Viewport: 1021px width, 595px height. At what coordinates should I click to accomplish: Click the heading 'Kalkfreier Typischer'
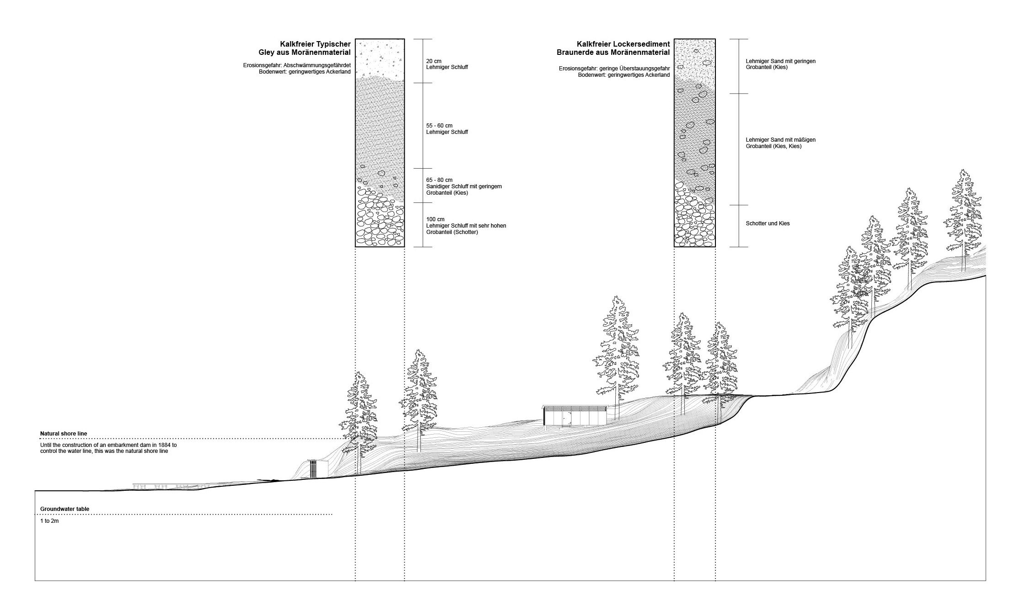coord(315,44)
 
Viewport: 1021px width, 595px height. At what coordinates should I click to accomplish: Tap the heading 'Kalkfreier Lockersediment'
coord(623,44)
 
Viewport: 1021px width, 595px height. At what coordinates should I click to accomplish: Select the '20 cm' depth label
coord(434,61)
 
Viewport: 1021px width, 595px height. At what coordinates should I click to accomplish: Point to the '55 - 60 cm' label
coord(439,126)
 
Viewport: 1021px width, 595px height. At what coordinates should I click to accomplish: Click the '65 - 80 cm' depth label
coord(439,180)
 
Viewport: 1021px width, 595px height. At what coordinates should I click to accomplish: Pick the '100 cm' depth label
coord(435,219)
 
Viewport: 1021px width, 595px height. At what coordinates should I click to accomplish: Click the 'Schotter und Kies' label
coord(768,223)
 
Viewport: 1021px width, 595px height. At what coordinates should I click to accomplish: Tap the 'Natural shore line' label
coord(64,434)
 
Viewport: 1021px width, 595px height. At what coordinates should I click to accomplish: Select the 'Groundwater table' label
coord(64,509)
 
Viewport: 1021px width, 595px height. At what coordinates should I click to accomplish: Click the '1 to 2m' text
coord(49,521)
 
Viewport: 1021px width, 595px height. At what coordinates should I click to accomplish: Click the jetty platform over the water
coord(167,486)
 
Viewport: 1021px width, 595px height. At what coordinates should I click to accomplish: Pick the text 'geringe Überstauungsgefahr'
coord(634,69)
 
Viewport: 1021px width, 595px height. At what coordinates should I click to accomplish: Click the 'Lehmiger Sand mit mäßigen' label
coord(780,140)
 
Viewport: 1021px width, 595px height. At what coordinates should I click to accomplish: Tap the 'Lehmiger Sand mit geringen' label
coord(780,61)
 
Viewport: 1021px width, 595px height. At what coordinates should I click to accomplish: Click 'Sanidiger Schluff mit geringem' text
coord(464,186)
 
